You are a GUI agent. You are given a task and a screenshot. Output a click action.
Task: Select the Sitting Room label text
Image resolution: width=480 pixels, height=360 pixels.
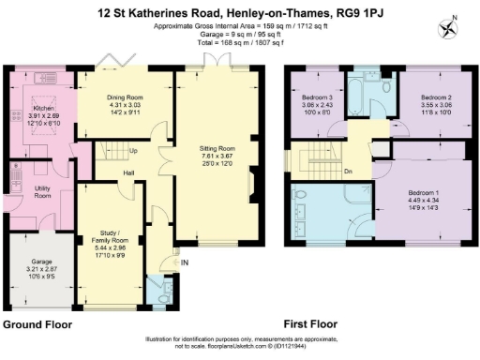[217, 148]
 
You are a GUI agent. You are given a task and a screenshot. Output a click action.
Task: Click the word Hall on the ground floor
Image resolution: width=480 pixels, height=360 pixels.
[127, 172]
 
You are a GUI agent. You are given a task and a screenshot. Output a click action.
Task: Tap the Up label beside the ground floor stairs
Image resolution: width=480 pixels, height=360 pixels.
[134, 150]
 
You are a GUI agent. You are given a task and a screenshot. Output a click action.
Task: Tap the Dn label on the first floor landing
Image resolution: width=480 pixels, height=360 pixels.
[348, 172]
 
